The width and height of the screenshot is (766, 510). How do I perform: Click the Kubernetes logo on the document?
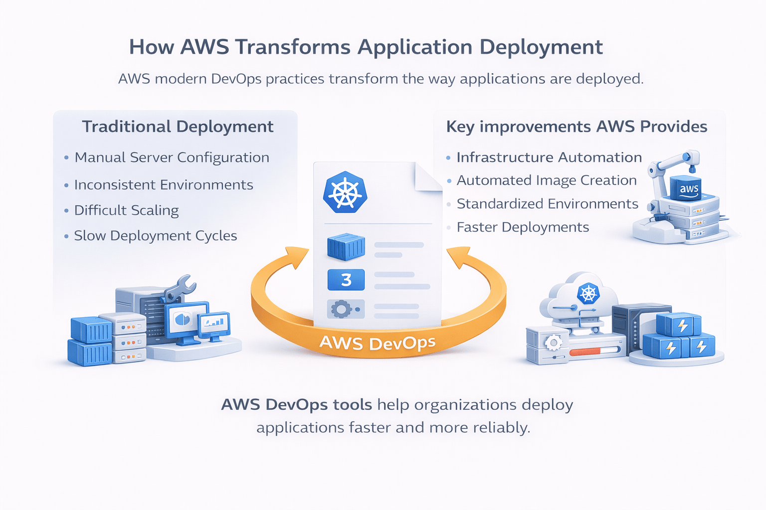coord(345,192)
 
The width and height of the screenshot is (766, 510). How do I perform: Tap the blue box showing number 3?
coord(346,280)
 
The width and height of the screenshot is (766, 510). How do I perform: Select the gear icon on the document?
coord(342,309)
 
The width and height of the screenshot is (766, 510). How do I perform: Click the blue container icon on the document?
coord(346,248)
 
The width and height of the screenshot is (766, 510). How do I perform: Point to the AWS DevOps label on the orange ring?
coord(378,343)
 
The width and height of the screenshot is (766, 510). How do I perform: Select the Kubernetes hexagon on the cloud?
coord(588,293)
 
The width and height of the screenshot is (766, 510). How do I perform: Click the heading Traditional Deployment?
coord(178,127)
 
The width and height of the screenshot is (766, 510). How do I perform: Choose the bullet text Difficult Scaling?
coord(126,210)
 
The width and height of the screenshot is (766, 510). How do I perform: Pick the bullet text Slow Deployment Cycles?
coord(155,236)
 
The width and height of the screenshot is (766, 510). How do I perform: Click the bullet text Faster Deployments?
coord(523,227)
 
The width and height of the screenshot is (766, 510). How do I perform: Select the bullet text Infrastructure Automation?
coord(549,157)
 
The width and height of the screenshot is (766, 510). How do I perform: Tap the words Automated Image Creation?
coord(547,180)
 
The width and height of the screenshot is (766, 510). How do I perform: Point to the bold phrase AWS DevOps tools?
coord(296,404)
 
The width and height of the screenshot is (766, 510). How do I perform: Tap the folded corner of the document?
coord(428,177)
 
